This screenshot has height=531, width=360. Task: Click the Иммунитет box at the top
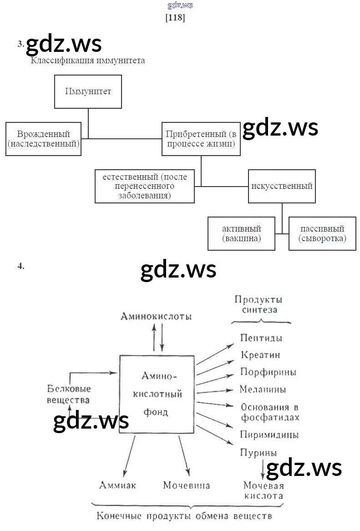(88, 91)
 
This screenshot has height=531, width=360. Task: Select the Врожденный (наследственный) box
(43, 139)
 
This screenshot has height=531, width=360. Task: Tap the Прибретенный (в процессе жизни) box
(201, 139)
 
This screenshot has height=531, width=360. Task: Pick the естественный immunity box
(145, 186)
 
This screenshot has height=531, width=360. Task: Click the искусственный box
(282, 186)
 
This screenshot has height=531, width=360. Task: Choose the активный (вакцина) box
(241, 233)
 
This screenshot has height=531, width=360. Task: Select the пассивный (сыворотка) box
(322, 233)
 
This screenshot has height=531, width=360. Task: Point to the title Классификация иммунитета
(88, 61)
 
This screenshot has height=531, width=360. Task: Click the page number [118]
(175, 18)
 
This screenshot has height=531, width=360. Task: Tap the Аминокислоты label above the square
(156, 316)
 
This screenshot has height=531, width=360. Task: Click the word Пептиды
(261, 338)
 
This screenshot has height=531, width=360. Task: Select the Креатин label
(260, 355)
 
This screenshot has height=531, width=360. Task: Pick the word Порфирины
(268, 372)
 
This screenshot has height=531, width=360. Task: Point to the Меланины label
(263, 389)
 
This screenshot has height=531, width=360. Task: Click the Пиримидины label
(269, 435)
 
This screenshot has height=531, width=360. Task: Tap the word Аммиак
(117, 485)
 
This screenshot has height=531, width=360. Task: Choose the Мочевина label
(187, 485)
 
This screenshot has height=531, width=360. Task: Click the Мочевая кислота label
(263, 491)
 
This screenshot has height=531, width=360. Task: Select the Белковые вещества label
(69, 394)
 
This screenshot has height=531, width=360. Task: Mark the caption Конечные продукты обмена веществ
(184, 516)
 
